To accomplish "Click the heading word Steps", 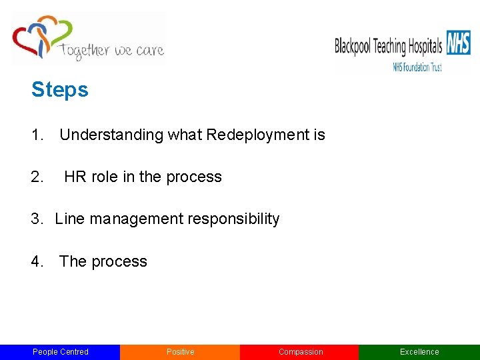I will click(59, 90).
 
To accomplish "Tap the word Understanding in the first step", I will click(111, 135).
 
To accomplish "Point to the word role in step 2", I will click(101, 177).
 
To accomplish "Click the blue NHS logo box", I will click(458, 43).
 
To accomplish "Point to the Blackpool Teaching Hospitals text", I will click(388, 47).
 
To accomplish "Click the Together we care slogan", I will click(111, 50).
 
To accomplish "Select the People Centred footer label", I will click(60, 352).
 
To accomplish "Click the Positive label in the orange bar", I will click(180, 352).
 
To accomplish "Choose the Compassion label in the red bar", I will click(300, 352).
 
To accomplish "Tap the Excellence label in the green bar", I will click(419, 352).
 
